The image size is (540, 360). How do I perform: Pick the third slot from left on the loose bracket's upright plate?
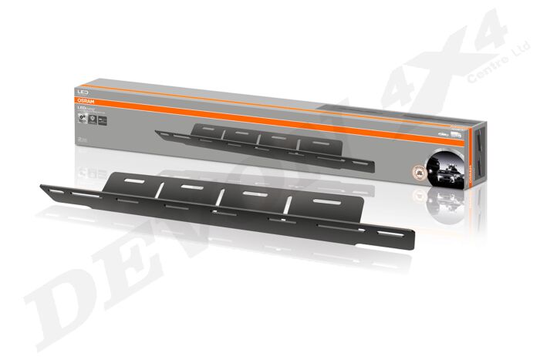click(x=249, y=197)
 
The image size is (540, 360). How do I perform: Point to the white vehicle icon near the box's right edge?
click(x=447, y=133)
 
